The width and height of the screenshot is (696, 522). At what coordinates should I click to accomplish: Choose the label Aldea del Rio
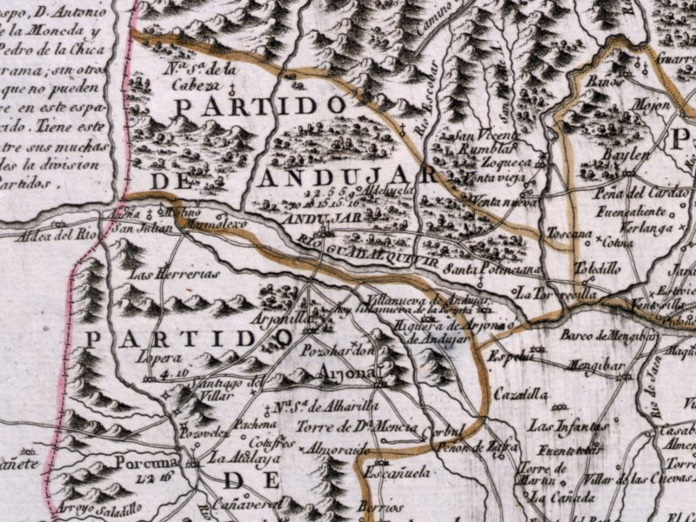[61, 234]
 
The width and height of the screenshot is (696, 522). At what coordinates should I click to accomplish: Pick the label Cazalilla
[519, 394]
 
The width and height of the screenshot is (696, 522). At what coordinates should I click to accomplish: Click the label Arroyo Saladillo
[96, 509]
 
